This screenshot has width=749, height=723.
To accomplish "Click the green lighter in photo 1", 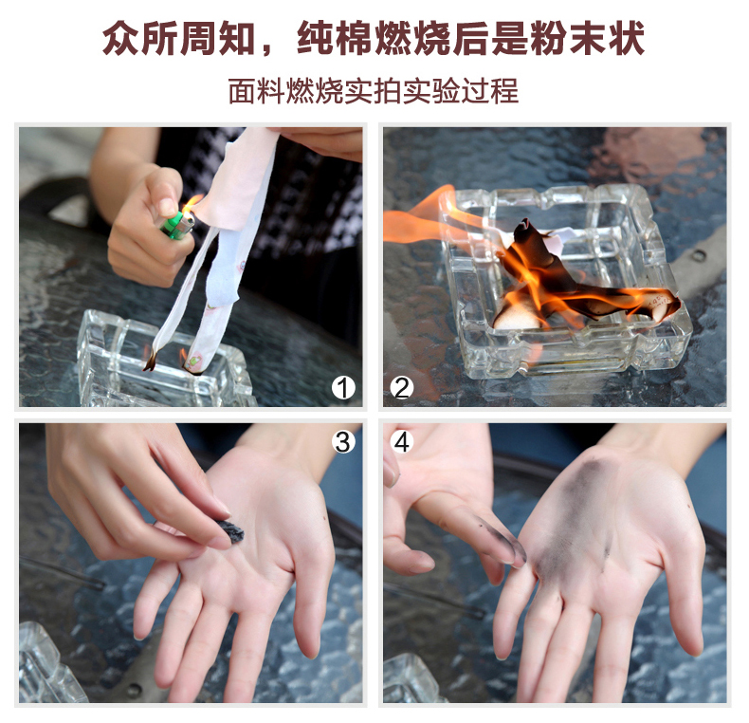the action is (177, 225).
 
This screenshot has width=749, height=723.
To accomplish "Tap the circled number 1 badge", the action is (343, 387).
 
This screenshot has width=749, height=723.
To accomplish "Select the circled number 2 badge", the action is (402, 387).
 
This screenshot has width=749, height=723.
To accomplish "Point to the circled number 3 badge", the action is (343, 441).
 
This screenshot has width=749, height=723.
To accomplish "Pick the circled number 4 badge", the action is (402, 441).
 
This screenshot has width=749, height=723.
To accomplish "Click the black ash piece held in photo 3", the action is (230, 530).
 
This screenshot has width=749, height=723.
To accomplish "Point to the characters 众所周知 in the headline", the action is (179, 39).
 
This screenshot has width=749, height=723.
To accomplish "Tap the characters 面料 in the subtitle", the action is (256, 90).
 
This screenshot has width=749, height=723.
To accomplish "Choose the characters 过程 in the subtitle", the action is (489, 90).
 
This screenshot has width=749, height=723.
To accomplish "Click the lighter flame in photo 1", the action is (192, 204).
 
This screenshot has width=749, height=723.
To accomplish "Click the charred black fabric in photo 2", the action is (564, 277).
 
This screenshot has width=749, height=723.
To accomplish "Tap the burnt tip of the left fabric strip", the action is (150, 360).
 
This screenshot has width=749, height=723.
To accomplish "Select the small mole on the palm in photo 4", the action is (689, 505).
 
